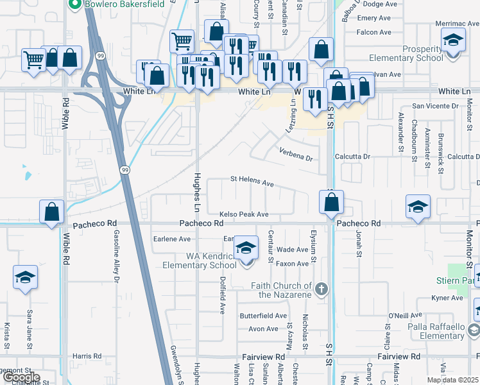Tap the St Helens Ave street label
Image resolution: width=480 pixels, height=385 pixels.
click(252, 181)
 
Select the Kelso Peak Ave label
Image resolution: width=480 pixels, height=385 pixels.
click(243, 214)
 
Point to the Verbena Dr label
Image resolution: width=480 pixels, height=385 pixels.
click(295, 154)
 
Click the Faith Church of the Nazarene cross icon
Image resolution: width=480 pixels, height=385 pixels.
click(323, 290)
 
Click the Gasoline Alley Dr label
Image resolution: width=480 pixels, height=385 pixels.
click(117, 256)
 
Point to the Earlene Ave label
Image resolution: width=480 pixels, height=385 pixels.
click(171, 239)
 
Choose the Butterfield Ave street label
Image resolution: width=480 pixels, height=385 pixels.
click(263, 316)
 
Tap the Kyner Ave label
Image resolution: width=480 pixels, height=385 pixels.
click(447, 298)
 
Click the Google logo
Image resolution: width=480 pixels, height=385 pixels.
click(21, 377)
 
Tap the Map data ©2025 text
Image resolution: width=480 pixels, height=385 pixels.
click(452, 380)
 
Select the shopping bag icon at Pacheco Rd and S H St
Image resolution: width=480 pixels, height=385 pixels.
click(331, 202)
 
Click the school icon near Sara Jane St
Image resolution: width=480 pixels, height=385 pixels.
click(24, 278)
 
